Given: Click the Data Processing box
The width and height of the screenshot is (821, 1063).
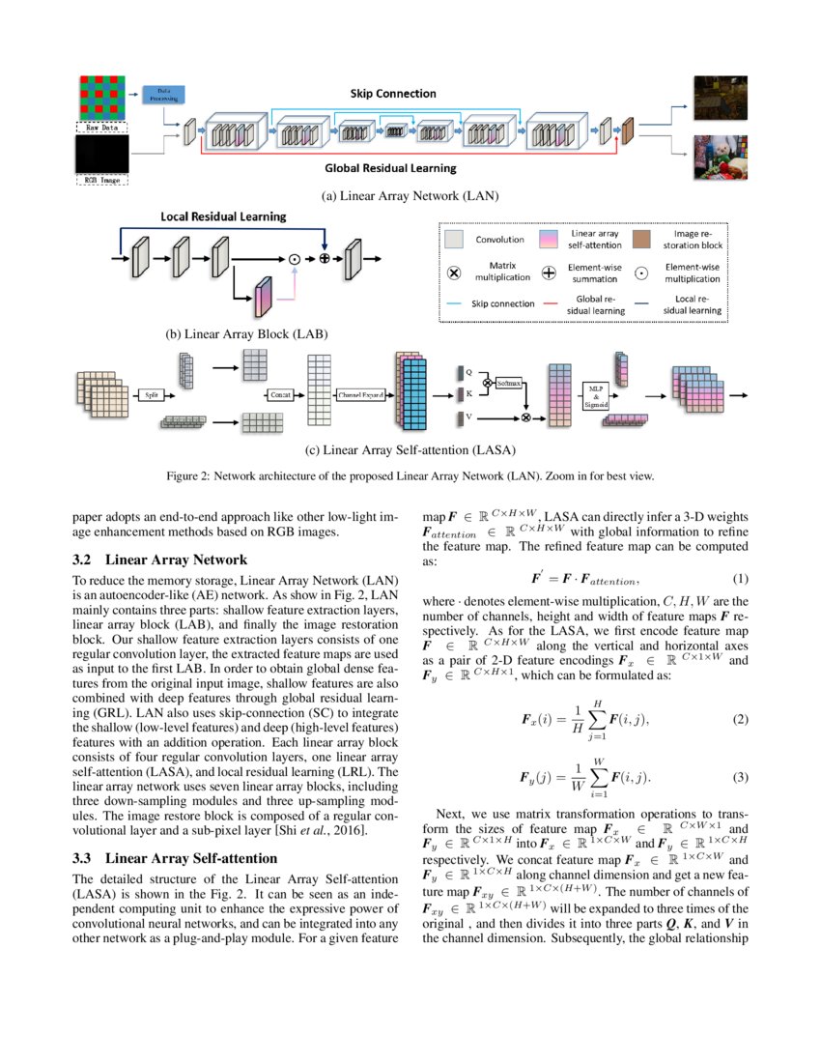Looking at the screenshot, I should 163,94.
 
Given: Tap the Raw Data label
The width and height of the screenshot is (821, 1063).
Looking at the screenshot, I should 101,126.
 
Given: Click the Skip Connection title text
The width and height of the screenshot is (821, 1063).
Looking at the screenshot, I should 393,94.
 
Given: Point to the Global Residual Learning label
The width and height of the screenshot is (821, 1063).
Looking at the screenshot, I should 390,167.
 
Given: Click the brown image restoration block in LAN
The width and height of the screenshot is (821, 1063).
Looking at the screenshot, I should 626,130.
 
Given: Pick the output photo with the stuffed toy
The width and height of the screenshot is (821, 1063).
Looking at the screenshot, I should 720,158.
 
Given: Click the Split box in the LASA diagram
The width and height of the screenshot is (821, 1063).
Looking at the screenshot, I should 151,395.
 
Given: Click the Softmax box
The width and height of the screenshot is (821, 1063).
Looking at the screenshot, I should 506,384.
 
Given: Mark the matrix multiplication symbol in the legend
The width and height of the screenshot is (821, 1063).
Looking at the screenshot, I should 455,272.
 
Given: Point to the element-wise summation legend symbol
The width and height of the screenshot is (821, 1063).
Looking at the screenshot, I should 549,272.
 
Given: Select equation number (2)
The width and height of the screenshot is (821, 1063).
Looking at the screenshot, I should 741,720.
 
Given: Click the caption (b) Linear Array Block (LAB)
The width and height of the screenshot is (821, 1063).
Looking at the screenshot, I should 247,333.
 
